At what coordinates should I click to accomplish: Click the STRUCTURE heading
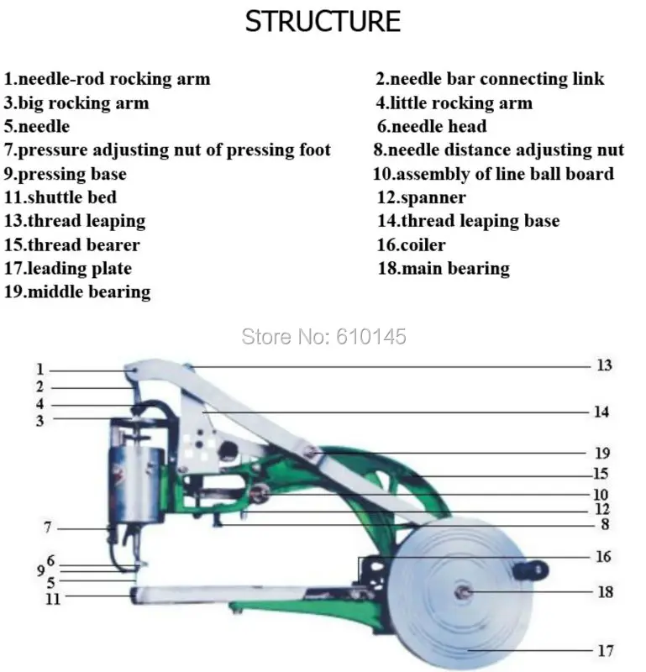click(x=323, y=22)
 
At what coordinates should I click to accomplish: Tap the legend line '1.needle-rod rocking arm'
click(x=108, y=79)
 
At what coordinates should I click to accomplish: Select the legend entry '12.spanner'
click(x=422, y=197)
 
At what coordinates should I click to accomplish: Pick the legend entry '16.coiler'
click(x=411, y=244)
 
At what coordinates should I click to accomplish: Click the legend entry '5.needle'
click(x=37, y=127)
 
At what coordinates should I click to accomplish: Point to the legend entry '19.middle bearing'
click(x=77, y=291)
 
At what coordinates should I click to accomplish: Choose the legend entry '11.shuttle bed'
click(x=60, y=197)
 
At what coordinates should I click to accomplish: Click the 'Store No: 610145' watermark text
click(x=323, y=337)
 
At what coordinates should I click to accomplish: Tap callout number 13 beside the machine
click(x=605, y=365)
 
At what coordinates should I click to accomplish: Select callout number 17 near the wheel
click(x=606, y=650)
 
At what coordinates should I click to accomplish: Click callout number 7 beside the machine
click(x=48, y=528)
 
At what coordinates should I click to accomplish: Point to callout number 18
click(x=606, y=592)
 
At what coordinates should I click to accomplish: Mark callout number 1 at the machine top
click(x=39, y=369)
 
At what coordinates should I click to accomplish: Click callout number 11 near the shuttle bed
click(x=53, y=599)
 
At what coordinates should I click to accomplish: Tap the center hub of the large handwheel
click(x=463, y=592)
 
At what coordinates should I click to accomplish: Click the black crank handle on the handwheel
click(x=531, y=570)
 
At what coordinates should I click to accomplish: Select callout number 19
click(x=602, y=453)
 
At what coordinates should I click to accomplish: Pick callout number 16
click(x=603, y=556)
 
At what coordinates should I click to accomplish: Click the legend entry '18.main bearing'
click(x=444, y=269)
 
